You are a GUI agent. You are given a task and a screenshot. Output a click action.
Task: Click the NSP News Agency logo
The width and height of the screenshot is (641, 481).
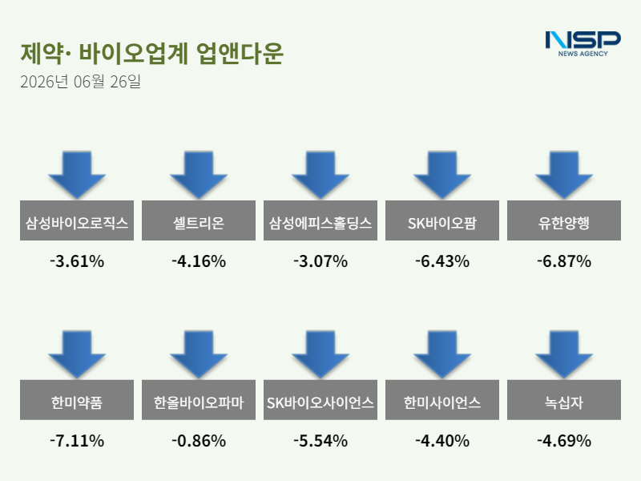pos(583,44)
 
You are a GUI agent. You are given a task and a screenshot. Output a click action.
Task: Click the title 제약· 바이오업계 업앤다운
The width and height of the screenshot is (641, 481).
pos(151,53)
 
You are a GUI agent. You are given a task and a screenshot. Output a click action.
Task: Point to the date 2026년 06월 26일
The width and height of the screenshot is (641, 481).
pos(81,82)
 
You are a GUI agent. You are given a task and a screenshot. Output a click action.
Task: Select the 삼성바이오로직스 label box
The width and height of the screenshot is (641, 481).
pos(77,220)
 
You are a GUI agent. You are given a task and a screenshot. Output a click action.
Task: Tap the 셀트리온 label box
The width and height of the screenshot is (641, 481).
pos(199,220)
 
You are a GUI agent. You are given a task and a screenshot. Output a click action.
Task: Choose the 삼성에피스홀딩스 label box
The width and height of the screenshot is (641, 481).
pos(320,220)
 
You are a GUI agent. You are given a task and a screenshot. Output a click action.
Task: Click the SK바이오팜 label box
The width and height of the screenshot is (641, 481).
pos(442,220)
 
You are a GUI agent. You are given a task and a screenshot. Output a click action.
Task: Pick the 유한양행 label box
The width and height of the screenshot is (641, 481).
pos(564,220)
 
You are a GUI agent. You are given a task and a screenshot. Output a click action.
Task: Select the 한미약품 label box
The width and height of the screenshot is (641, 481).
pos(77,400)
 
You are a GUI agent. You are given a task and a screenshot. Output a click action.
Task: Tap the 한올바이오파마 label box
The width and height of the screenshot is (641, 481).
pos(199,400)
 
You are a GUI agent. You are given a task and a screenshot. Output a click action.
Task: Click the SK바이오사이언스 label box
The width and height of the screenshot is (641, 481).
pos(320,400)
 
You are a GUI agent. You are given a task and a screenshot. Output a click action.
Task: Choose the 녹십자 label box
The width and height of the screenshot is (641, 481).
pos(564,400)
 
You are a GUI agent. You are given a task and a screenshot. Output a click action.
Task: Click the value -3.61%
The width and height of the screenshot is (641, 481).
pos(77,261)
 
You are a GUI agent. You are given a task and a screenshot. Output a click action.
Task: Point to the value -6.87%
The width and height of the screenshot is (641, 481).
pos(564,261)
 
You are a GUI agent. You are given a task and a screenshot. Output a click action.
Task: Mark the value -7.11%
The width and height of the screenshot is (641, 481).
pos(77,441)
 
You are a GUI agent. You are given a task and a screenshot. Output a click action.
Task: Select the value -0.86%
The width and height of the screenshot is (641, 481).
pos(199,441)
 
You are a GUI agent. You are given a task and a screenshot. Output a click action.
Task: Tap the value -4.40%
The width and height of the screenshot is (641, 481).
pos(442,441)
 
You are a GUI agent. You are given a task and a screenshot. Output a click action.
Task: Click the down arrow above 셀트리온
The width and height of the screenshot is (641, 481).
pos(199,175)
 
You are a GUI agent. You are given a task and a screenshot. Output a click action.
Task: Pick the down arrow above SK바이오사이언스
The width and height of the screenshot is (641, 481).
pos(320,354)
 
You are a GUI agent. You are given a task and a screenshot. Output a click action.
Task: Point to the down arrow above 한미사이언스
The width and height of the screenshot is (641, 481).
pos(442,354)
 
